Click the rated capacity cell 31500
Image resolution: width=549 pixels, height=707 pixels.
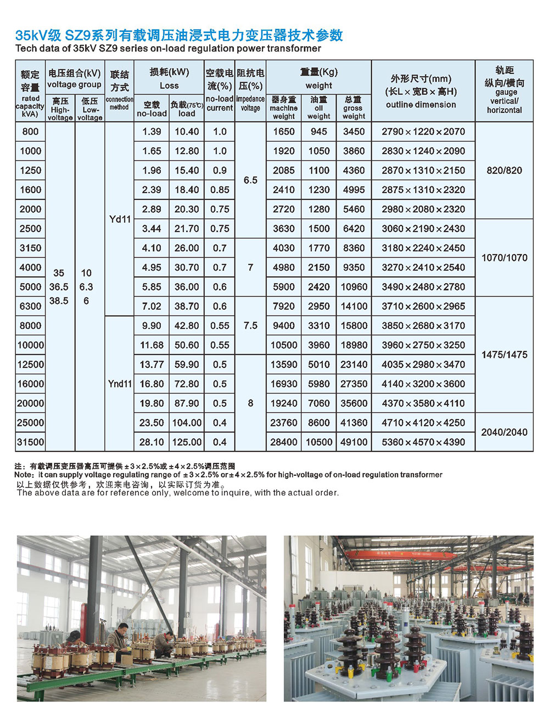31,442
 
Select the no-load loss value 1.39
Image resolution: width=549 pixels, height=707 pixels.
152,132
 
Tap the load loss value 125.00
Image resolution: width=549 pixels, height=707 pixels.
187,442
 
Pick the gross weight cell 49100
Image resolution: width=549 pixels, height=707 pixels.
354,442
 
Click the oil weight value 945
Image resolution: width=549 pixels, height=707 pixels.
318,132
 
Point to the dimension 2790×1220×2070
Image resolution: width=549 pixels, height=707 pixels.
423,132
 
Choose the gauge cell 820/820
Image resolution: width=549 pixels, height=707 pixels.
505,170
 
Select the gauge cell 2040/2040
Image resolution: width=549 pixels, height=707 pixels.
505,432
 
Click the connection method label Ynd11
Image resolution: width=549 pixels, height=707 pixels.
120,384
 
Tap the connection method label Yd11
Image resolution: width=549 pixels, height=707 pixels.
120,219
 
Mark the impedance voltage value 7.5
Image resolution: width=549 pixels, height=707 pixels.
250,326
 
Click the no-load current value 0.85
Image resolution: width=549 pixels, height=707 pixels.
220,190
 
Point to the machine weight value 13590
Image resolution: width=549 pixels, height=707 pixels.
284,364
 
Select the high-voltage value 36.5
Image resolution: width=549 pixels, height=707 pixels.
59,287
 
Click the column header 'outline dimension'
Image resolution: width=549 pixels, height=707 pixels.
421,104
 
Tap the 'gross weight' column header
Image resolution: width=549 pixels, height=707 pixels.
354,108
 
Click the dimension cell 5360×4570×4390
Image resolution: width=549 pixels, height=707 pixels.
423,442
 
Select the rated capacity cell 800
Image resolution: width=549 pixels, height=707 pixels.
31,132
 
